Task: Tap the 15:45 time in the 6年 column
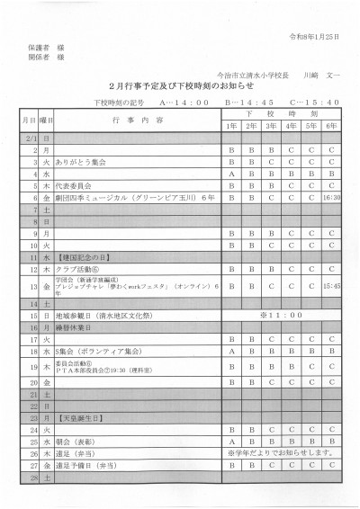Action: tap(331, 286)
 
